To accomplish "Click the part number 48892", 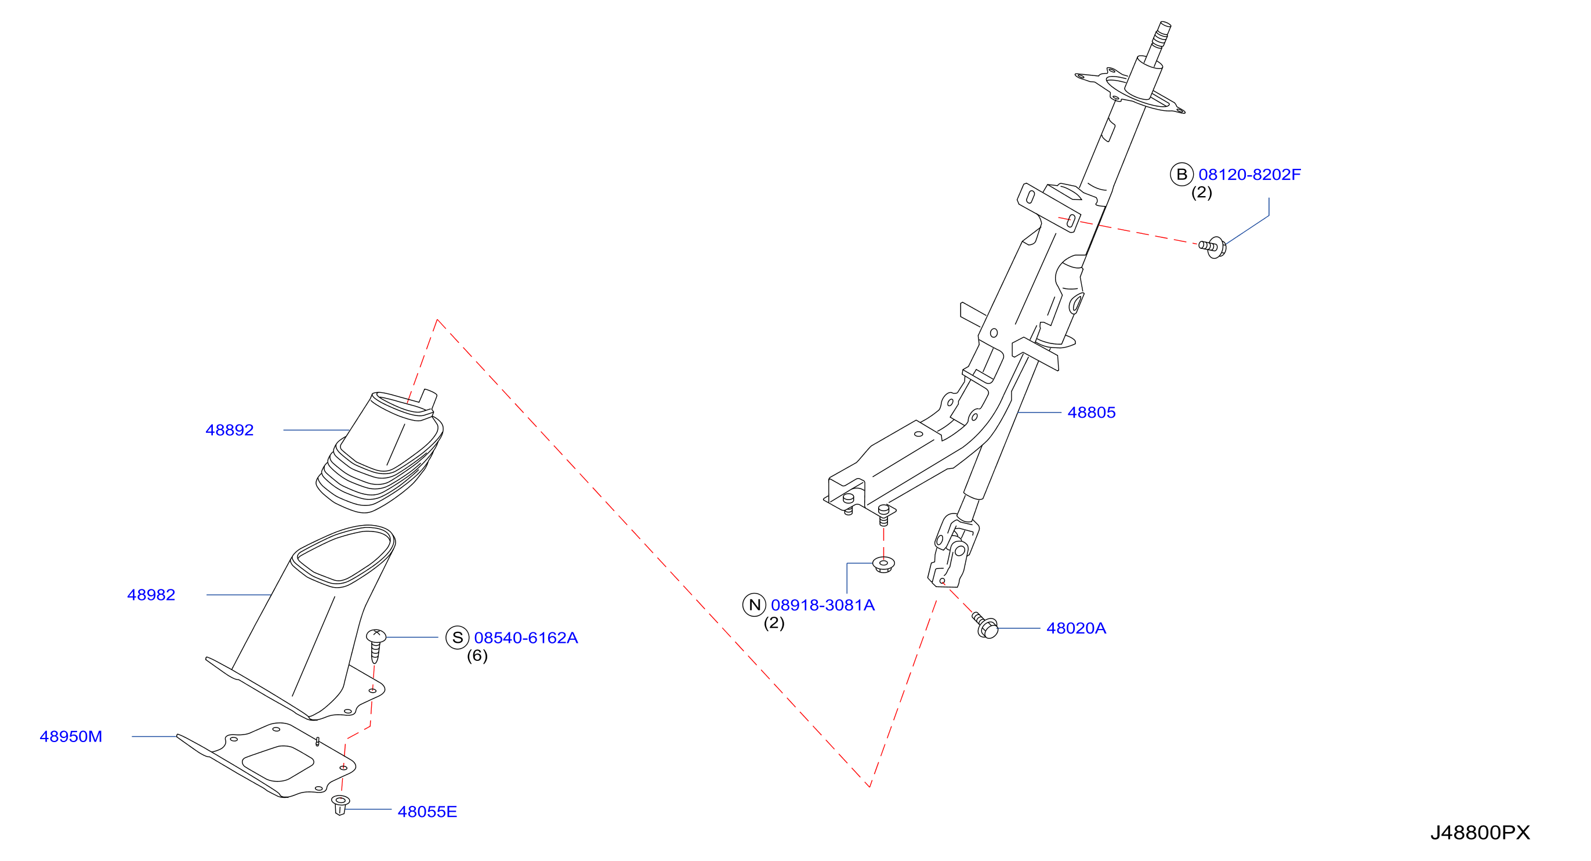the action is point(229,430).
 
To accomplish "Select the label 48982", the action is point(151,595).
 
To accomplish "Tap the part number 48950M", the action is point(71,736).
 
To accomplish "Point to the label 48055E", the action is point(427,812).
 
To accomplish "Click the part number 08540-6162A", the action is point(526,638).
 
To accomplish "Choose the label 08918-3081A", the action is point(822,605).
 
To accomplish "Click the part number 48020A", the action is point(1076,628).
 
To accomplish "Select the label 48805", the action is point(1092,413).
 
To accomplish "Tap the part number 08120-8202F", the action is point(1249,175).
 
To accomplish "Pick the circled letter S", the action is point(458,638).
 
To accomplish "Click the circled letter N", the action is point(754,605).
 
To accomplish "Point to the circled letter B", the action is point(1182,175).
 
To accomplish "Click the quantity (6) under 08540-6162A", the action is point(477,656).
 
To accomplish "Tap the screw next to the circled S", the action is point(375,645).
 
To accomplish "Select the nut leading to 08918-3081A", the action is point(884,564).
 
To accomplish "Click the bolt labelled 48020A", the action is point(985,625).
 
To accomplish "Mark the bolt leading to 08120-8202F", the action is point(1213,247).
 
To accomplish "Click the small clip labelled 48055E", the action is point(340,805).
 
